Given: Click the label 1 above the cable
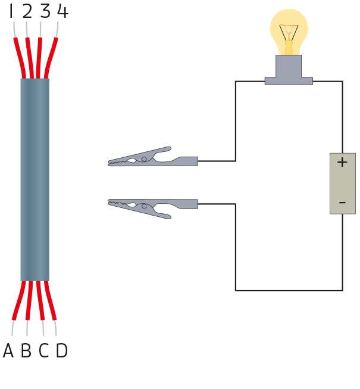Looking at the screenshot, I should click(x=11, y=11).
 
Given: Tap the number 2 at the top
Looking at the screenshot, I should click(x=27, y=11).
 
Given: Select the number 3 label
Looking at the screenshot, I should click(x=45, y=11).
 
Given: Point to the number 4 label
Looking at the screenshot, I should click(x=62, y=11).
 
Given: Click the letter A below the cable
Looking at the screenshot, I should click(x=8, y=351).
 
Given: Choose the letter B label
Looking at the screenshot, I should click(x=26, y=351).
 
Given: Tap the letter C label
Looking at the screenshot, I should click(x=43, y=351).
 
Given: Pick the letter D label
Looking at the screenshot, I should click(x=61, y=351).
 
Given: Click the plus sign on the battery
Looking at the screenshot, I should click(x=342, y=162).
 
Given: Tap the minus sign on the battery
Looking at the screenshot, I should click(x=342, y=203).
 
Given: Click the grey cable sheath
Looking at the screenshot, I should click(x=35, y=179).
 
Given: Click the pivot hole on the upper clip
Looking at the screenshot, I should click(x=143, y=159).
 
